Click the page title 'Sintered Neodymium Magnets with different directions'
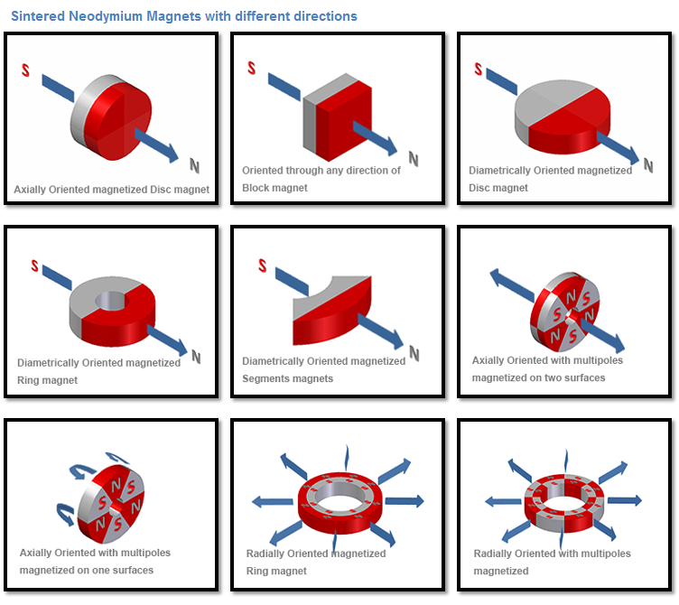183,16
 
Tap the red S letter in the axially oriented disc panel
25,70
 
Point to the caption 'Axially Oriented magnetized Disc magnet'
111,190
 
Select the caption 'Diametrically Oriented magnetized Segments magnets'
323,369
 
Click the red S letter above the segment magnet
262,265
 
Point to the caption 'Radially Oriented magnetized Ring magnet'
315,562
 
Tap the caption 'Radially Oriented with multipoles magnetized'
552,562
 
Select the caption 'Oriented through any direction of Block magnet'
321,179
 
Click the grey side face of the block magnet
309,132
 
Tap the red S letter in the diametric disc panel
478,69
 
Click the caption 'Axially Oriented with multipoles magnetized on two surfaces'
547,368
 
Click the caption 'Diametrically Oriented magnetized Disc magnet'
550,179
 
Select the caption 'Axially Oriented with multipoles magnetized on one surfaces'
95,561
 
